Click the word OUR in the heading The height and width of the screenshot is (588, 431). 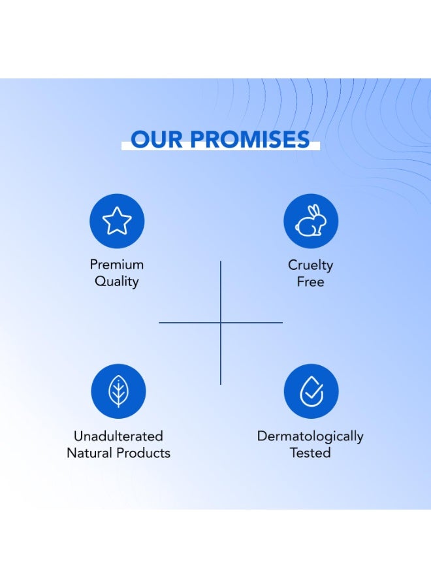(x=157, y=139)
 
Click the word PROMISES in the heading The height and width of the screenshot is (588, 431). (x=250, y=139)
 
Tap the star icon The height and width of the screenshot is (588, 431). (x=117, y=221)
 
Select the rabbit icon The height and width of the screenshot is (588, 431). (x=311, y=221)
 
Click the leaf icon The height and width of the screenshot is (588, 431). (x=118, y=391)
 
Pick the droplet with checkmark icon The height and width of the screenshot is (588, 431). (x=311, y=391)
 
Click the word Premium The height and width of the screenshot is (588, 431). (x=116, y=265)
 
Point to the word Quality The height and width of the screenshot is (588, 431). (x=116, y=281)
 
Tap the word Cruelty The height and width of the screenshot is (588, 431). (x=310, y=265)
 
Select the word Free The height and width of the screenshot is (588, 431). (x=310, y=282)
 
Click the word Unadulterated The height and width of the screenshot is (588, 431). (x=118, y=436)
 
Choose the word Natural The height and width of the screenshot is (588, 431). (x=89, y=453)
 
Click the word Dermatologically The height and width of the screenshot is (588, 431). (x=310, y=437)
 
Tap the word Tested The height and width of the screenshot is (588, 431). (x=310, y=453)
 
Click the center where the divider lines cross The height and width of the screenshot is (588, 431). (x=220, y=322)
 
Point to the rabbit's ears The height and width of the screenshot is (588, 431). (x=315, y=210)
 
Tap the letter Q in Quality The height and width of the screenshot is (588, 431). (x=100, y=281)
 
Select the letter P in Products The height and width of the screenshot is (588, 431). (x=120, y=453)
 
